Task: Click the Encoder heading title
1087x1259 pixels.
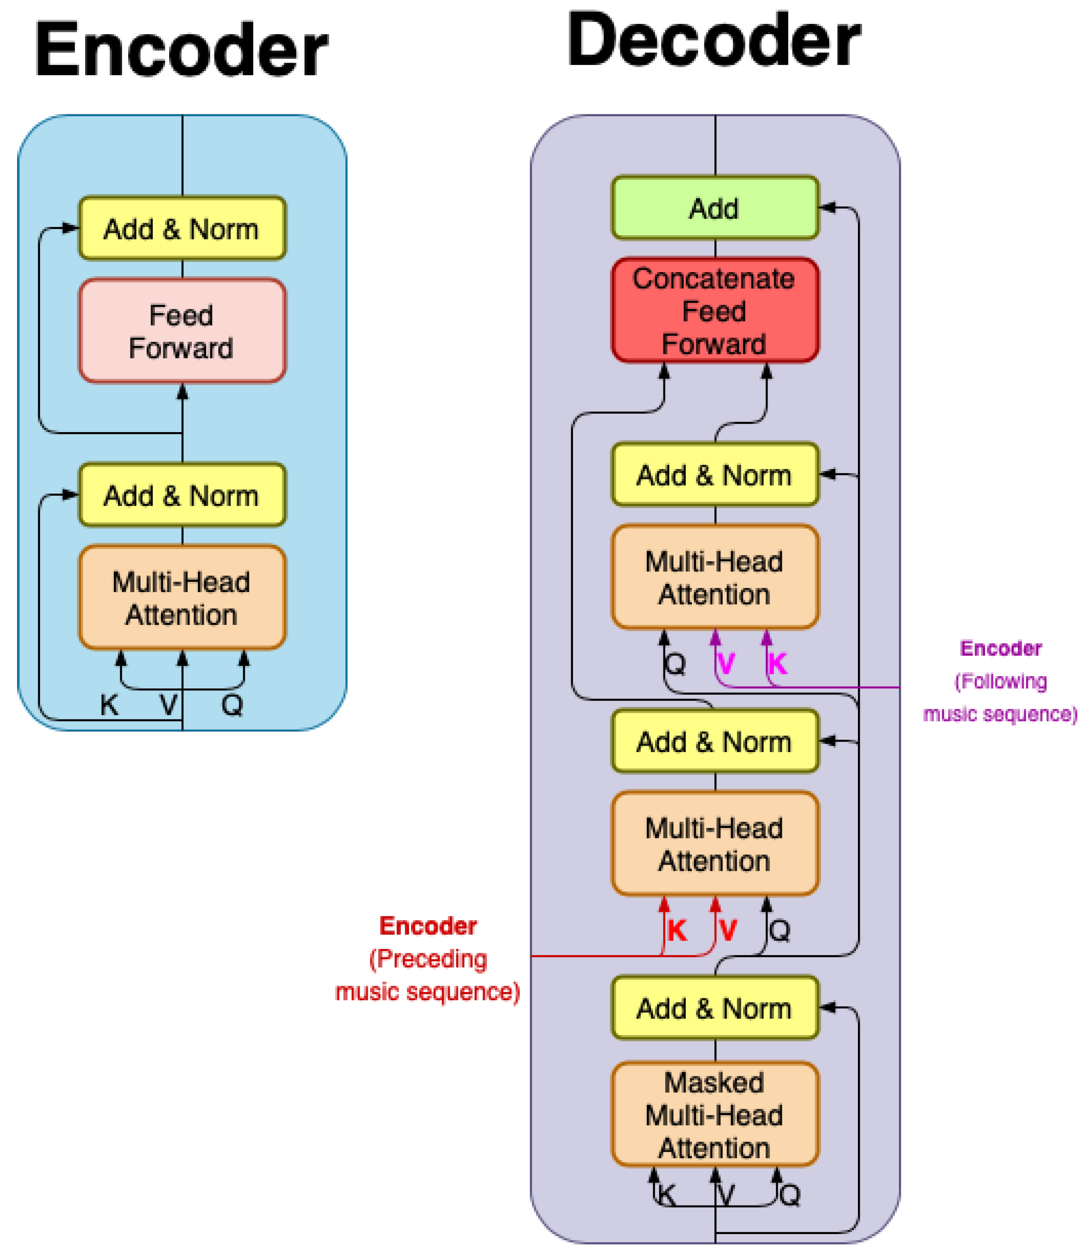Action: (181, 50)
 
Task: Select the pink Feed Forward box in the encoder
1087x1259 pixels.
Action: (182, 331)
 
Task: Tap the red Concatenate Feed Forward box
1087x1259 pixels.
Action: (714, 310)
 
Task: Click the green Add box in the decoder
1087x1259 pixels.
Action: (714, 208)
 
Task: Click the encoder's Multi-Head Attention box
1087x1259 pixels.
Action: (182, 597)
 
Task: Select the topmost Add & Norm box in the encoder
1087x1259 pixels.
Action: (182, 228)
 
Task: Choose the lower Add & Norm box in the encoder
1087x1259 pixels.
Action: (182, 495)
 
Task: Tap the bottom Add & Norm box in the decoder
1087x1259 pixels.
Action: (714, 1008)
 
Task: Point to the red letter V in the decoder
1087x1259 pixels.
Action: (727, 930)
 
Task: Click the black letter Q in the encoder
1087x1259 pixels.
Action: (232, 705)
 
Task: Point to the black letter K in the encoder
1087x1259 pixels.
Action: (109, 705)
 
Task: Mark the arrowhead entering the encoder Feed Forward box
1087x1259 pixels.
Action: (182, 392)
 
